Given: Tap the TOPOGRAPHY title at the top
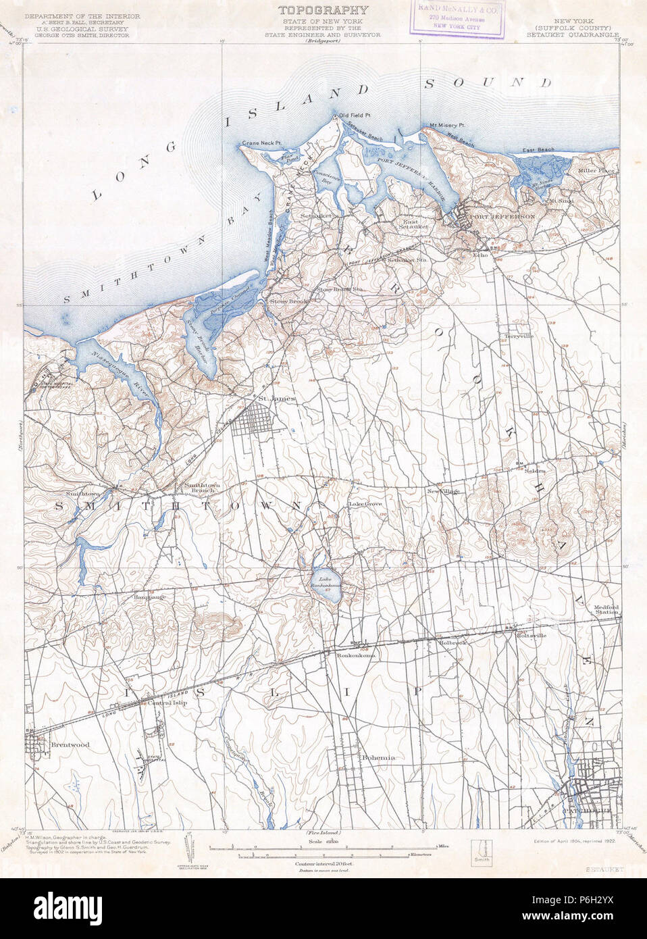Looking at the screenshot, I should pos(323,10).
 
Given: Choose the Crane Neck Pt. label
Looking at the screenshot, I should pos(261,143).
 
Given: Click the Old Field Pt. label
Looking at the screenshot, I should pos(356,114).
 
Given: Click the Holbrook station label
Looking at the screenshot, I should pos(452,642).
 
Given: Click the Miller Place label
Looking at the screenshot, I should pos(596,171).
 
